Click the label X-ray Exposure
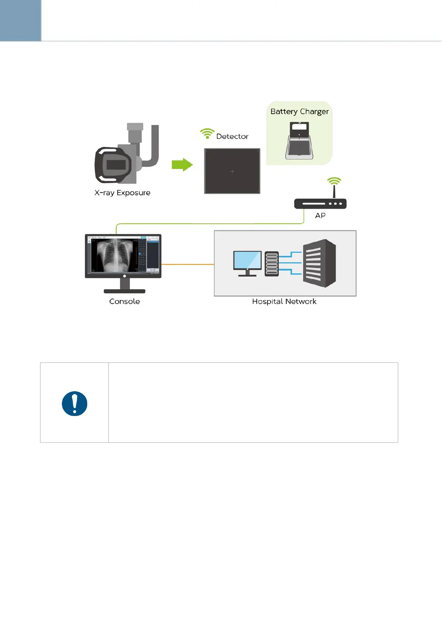(122, 193)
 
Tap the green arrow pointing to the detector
(182, 164)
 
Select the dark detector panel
(232, 171)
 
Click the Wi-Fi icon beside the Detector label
(207, 133)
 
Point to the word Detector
(232, 136)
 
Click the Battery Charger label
(299, 112)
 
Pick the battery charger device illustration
(299, 141)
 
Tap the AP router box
(320, 204)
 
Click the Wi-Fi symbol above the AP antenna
(334, 181)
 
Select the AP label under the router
(320, 216)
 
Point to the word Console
(124, 301)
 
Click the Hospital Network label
(284, 301)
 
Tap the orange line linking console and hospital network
(187, 264)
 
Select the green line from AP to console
(208, 223)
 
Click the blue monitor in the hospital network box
(247, 261)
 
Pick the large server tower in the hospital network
(319, 263)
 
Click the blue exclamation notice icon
(75, 403)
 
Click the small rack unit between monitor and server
(272, 264)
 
